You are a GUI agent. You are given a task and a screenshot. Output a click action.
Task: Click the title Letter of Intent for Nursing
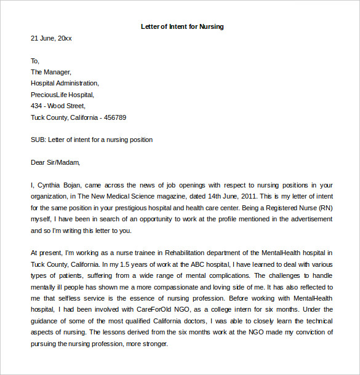[x=182, y=26]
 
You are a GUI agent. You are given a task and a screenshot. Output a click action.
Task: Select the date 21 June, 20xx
[x=51, y=38]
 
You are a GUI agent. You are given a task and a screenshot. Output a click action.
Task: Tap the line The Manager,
[x=51, y=72]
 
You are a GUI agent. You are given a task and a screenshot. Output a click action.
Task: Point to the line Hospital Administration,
[x=65, y=83]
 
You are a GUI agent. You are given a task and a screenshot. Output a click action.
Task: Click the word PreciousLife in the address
[x=48, y=95]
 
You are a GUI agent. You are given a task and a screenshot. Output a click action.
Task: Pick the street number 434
[x=37, y=106]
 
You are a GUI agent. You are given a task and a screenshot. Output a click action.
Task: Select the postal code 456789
[x=115, y=117]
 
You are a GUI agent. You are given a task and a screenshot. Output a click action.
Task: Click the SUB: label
[x=38, y=140]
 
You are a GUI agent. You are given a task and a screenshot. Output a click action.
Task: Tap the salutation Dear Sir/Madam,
[x=55, y=163]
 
